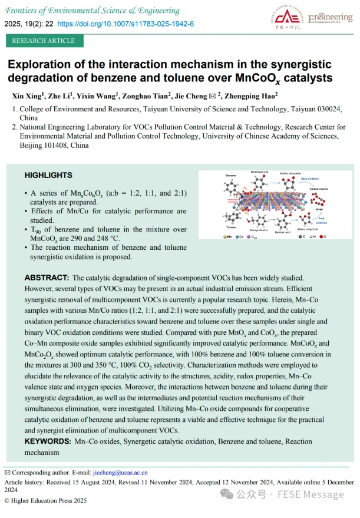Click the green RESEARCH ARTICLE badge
coord(44,41)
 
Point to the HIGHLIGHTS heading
coord(48,175)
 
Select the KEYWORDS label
coord(47,441)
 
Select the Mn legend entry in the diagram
coord(229,236)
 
